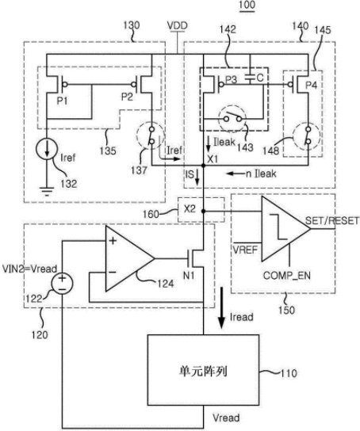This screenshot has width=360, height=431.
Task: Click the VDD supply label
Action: click(x=178, y=25)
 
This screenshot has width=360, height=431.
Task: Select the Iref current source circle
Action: click(x=47, y=149)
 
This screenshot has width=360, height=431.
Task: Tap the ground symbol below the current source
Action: click(x=47, y=191)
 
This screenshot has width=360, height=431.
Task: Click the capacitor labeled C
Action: click(x=250, y=78)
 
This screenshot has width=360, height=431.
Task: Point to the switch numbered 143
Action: click(x=232, y=118)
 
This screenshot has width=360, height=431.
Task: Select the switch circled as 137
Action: click(x=151, y=135)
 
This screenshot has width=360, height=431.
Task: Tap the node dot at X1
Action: click(x=204, y=166)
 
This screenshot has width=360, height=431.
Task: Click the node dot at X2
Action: click(x=204, y=211)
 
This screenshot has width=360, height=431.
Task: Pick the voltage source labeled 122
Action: click(x=62, y=284)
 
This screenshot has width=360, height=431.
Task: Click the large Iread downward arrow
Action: click(x=221, y=308)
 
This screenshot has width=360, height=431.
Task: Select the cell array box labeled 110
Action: click(x=204, y=370)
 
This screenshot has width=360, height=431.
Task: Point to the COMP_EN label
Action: click(x=287, y=275)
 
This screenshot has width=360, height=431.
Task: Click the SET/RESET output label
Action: click(x=332, y=220)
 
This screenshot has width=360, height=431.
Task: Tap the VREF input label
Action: click(x=245, y=250)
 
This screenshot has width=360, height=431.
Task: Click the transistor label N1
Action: click(x=189, y=275)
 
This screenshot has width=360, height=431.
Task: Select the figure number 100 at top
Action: click(x=247, y=6)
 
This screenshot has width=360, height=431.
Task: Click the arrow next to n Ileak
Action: click(x=234, y=174)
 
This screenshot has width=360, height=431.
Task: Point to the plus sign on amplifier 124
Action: click(x=113, y=241)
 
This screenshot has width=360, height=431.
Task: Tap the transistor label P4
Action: click(x=312, y=86)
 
